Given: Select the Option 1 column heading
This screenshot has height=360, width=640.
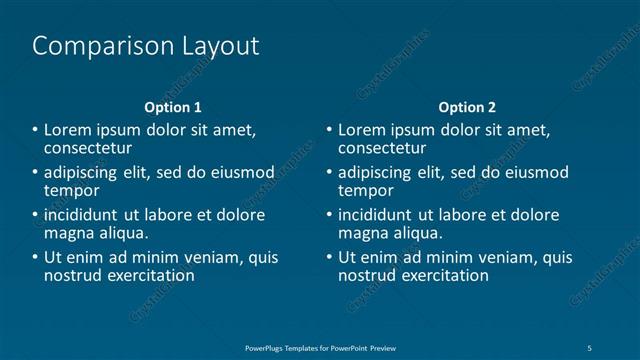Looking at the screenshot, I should coord(173,107).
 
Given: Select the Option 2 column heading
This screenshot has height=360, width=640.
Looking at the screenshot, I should coord(467,107).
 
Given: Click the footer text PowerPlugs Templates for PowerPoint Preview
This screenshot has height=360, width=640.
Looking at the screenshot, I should coord(329,346).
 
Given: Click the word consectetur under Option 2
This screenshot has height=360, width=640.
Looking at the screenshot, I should coord(382,148).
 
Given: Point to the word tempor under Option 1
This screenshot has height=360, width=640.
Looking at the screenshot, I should coord(72,190).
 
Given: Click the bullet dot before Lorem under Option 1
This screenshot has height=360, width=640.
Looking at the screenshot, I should coord(36,130).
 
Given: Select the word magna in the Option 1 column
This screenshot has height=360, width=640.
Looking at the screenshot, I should coord(68,233).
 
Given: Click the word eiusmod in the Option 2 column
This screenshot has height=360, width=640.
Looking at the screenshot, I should coord(536,173).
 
